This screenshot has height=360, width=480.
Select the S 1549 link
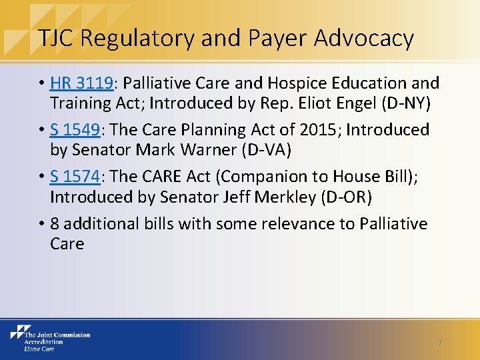tap(75, 130)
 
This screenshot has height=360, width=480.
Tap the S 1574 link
tap(75, 177)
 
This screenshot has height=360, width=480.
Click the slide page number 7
tap(439, 342)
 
